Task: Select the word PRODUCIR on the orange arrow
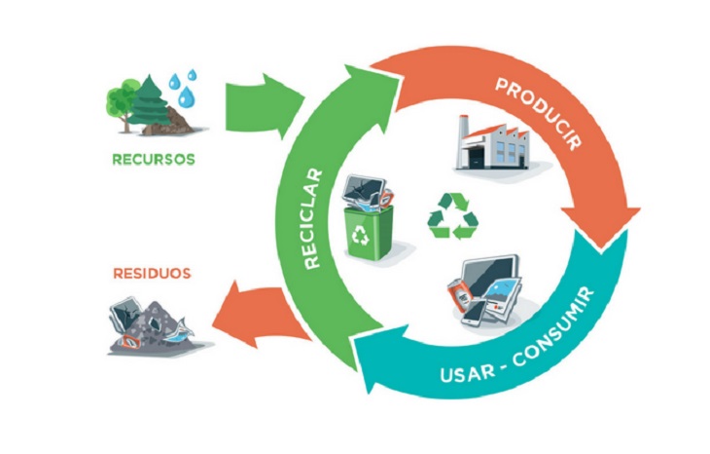[538, 113]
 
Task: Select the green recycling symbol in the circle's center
[451, 215]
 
